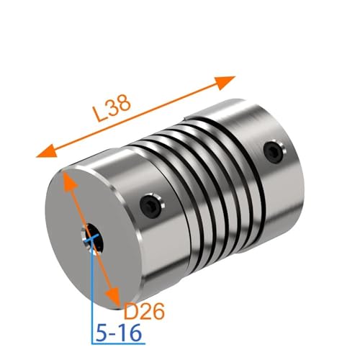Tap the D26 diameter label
(144, 311)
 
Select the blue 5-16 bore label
(118, 333)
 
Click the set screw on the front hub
(152, 206)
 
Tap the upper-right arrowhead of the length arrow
(225, 82)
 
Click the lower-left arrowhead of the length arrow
(47, 152)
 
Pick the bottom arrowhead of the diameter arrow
(113, 297)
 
